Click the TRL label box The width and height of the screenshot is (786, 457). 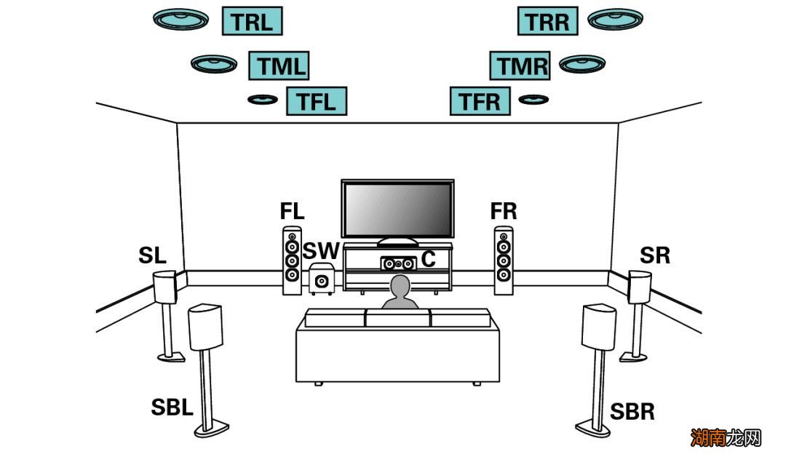[x=252, y=21]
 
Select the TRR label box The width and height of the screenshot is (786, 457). [x=547, y=21]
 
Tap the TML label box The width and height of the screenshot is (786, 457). [x=279, y=65]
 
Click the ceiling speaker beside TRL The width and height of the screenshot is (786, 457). [x=181, y=19]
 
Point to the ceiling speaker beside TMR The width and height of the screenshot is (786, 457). [x=582, y=64]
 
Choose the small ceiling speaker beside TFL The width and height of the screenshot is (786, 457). [x=262, y=99]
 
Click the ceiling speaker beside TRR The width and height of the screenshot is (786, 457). [x=615, y=19]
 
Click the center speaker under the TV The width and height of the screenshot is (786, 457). [x=397, y=262]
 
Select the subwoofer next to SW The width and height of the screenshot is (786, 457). [x=321, y=279]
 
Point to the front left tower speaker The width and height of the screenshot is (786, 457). [x=292, y=261]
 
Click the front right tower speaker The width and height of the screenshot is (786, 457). [x=504, y=261]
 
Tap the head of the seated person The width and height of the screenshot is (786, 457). [x=400, y=287]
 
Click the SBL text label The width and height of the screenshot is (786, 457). [x=172, y=408]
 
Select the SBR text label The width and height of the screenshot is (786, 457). [x=632, y=411]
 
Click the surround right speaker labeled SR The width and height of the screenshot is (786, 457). [x=639, y=287]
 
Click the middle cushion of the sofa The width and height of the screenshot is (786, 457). [x=397, y=317]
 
